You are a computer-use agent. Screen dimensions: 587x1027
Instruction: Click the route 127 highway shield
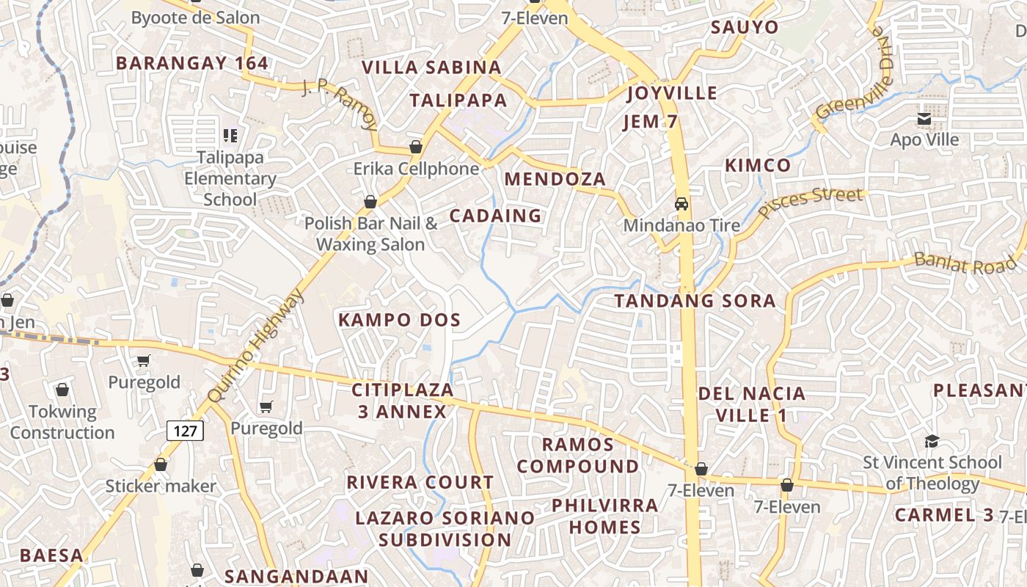[185, 431]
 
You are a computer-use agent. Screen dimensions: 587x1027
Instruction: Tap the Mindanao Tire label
[681, 225]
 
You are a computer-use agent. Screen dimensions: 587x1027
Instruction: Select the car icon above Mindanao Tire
[681, 203]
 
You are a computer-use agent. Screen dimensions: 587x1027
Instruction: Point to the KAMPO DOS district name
[399, 320]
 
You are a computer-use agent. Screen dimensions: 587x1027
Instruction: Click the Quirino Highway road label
[255, 346]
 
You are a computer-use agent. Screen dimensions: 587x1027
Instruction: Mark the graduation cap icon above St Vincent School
[932, 441]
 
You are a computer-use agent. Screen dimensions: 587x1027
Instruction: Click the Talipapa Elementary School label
[230, 178]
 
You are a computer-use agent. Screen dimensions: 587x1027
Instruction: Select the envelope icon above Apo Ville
[924, 119]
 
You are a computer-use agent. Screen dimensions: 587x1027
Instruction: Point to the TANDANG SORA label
[695, 301]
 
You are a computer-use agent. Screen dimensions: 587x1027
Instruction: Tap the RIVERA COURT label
[420, 483]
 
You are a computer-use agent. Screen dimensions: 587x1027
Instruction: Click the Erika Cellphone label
[416, 169]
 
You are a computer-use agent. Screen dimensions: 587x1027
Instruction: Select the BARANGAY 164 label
[192, 63]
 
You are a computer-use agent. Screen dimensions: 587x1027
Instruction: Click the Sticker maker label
[161, 486]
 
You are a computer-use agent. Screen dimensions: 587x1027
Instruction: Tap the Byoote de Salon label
[195, 18]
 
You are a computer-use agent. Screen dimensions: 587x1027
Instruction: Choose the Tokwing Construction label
[62, 422]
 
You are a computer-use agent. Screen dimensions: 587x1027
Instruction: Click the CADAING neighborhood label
[495, 216]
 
